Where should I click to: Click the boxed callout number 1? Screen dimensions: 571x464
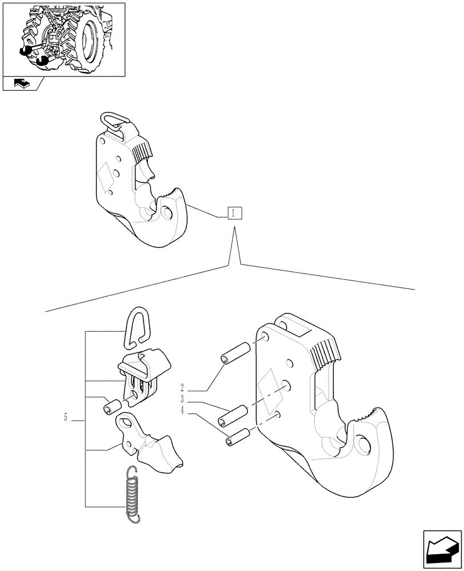point(234,214)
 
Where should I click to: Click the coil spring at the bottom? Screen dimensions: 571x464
point(133,492)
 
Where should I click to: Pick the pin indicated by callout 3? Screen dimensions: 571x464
point(234,415)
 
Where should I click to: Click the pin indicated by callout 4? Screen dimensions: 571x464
point(237,436)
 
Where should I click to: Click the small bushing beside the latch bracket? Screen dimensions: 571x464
point(111,407)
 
